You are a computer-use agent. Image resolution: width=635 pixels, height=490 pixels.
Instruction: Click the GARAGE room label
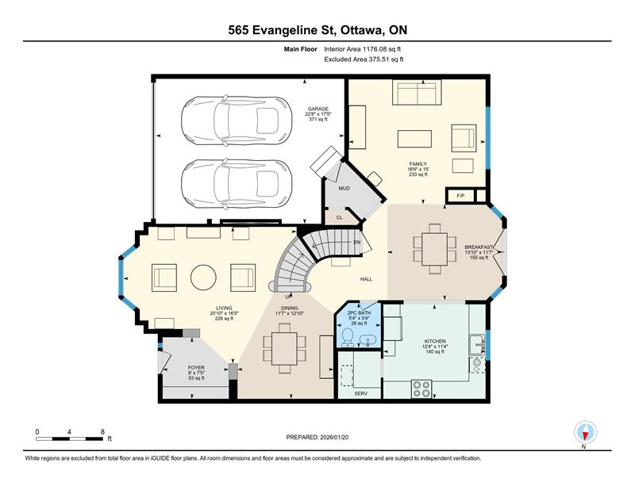(x=318, y=109)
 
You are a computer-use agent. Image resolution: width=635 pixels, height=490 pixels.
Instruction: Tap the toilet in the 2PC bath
(x=348, y=337)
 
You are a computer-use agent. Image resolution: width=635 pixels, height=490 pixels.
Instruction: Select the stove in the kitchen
(x=421, y=389)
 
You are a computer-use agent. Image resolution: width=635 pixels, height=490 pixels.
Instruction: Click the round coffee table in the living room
(x=203, y=278)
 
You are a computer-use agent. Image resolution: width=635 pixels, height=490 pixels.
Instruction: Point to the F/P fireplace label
(x=460, y=196)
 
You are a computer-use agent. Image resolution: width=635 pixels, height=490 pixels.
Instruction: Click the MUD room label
(x=344, y=188)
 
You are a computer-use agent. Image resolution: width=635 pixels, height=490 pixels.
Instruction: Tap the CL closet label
(x=340, y=217)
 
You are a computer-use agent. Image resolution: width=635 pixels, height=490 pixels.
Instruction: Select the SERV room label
(x=361, y=393)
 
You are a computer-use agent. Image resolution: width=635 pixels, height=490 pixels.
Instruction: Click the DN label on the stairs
(x=356, y=243)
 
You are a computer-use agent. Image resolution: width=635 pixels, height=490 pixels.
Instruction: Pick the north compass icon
(x=585, y=433)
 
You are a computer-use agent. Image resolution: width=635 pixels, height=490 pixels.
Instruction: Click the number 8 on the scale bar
(x=102, y=432)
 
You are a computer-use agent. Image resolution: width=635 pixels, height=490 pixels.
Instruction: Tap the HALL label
(x=367, y=279)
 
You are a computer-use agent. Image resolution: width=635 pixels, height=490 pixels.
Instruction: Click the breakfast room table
(x=434, y=249)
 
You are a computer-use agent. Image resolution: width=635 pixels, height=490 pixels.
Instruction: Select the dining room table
(x=285, y=348)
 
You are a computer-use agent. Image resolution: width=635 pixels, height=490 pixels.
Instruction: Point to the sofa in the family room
(x=417, y=93)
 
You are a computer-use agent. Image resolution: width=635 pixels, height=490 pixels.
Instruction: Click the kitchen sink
(x=477, y=344)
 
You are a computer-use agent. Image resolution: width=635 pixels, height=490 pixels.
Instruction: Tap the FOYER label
(x=196, y=368)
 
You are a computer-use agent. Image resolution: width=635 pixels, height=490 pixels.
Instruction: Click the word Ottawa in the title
(x=362, y=30)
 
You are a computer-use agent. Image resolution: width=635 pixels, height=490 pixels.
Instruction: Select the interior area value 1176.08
(x=375, y=49)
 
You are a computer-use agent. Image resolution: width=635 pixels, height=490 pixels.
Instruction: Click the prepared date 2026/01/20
(x=334, y=438)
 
